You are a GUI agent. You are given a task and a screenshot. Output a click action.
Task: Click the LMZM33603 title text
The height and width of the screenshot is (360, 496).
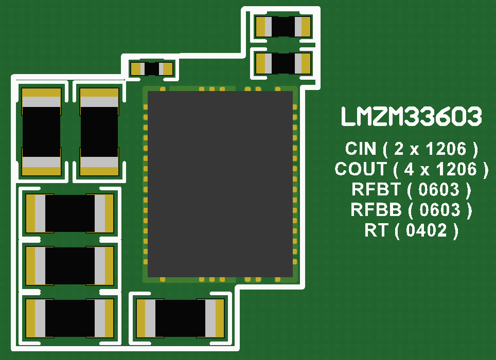411,117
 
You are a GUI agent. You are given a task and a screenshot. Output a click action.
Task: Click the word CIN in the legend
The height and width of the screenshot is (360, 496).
361,149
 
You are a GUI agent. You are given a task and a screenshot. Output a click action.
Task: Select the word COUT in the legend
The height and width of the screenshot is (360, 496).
360,169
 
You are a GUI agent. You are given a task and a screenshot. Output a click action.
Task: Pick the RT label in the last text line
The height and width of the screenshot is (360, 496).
376,230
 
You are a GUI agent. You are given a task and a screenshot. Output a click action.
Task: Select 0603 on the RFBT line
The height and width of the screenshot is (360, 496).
439,189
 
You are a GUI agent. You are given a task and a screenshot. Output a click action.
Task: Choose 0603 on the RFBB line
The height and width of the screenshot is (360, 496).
440,210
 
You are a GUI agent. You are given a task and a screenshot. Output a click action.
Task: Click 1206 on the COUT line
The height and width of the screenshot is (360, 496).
456,169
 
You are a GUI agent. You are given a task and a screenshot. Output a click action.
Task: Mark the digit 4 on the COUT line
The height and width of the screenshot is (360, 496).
408,169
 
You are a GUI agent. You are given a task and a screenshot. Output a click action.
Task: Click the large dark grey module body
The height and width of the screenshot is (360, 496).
220,184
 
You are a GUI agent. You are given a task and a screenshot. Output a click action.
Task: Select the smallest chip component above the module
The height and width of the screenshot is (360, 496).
152,68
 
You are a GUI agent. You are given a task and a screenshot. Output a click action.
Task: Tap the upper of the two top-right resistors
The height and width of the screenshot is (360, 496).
284,27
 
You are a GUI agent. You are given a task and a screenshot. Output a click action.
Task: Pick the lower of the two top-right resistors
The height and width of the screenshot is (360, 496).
284,63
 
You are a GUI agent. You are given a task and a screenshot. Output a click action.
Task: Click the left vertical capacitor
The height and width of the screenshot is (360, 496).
41,132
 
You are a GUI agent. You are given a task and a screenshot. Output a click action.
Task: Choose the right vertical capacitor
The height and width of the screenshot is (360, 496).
99,132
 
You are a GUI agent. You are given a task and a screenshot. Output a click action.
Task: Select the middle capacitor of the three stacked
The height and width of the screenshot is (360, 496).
69,266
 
